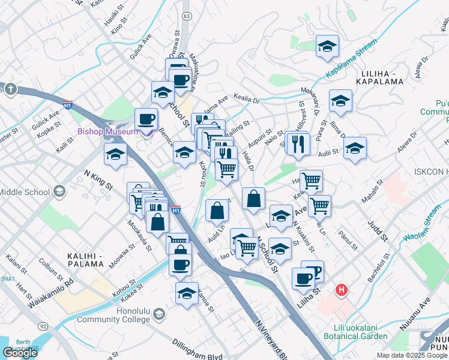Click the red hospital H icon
(342, 291)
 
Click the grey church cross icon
(10, 89)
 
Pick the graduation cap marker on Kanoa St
(187, 294)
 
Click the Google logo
(20, 353)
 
